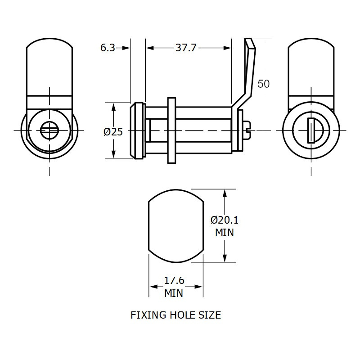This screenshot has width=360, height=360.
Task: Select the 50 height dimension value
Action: [264, 84]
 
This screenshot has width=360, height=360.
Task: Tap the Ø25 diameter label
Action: [113, 131]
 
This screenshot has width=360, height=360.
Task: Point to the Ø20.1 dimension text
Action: [225, 220]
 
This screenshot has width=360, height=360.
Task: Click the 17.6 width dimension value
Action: [174, 281]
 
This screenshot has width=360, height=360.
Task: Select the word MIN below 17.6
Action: [174, 293]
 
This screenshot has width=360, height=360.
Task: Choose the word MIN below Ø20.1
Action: [224, 233]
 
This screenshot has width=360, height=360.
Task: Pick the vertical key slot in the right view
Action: [310, 130]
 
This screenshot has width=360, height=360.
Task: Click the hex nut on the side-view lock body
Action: [171, 130]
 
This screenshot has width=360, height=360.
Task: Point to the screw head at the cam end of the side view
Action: [246, 130]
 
